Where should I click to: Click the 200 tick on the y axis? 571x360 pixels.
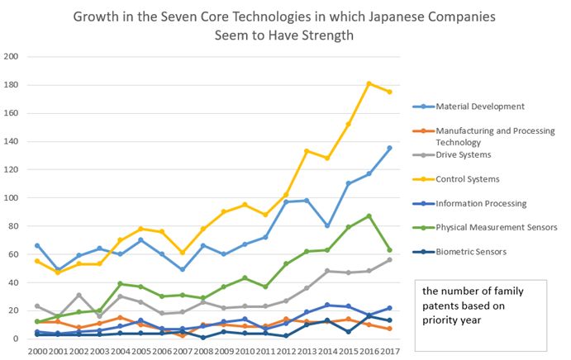pos(12,57)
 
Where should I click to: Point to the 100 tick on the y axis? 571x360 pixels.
pos(12,198)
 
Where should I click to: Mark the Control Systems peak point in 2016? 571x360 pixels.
pos(368,83)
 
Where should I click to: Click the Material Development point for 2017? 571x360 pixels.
pos(388,148)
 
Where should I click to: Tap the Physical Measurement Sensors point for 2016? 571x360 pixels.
pos(368,216)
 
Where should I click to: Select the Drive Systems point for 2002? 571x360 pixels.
pos(78,295)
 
